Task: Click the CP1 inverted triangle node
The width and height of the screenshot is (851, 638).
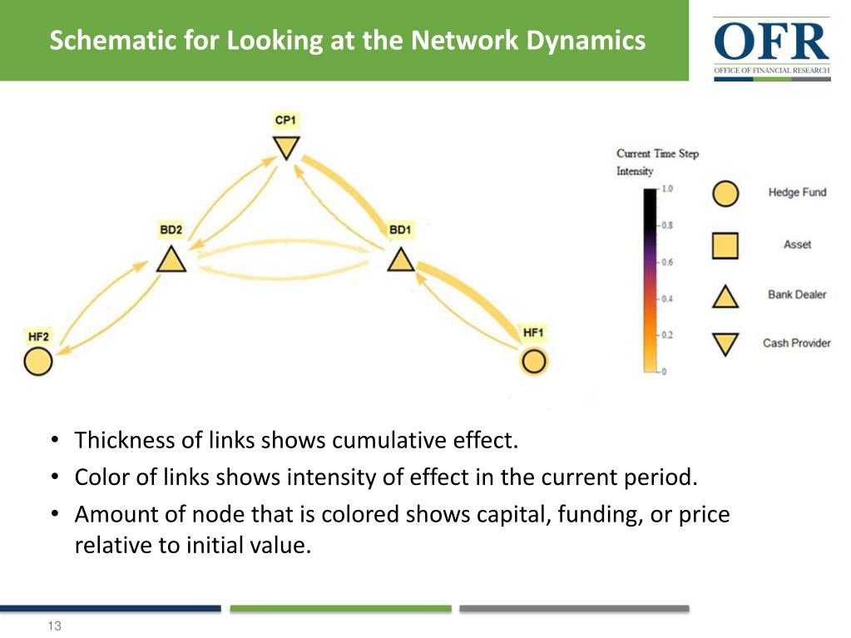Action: click(x=286, y=147)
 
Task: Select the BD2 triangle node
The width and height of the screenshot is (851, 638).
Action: click(x=171, y=260)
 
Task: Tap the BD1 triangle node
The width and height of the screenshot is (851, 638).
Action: click(x=401, y=260)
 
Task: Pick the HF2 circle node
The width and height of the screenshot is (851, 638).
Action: click(x=38, y=362)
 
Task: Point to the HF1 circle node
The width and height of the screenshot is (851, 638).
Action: click(x=534, y=362)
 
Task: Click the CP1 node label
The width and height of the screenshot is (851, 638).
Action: click(x=285, y=120)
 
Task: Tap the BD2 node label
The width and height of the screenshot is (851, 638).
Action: click(x=171, y=230)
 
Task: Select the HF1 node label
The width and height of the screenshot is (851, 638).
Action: click(x=533, y=333)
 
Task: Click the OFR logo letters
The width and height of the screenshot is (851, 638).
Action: click(x=771, y=42)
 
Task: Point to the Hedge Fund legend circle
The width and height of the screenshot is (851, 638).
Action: click(x=725, y=194)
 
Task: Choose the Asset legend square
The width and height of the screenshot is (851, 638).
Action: click(x=725, y=245)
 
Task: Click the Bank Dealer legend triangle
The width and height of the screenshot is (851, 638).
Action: click(x=725, y=296)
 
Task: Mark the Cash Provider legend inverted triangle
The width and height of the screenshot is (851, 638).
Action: click(x=725, y=344)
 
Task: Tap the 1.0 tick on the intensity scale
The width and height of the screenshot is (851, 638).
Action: click(x=667, y=189)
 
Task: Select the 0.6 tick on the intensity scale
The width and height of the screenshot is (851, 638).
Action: click(x=667, y=262)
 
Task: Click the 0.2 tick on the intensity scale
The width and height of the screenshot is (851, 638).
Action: click(x=667, y=334)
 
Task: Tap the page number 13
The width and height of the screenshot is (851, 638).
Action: click(x=54, y=626)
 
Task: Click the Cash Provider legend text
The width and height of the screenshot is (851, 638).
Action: click(x=797, y=343)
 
